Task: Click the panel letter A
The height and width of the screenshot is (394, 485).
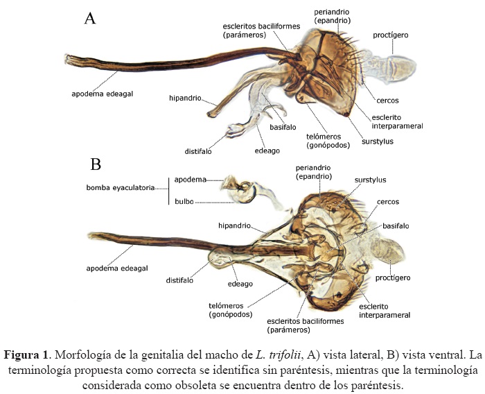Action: [x=89, y=19]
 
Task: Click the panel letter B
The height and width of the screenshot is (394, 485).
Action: [x=96, y=164]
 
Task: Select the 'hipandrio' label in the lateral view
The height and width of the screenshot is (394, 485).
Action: [x=185, y=98]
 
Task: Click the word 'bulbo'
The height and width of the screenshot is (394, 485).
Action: [x=184, y=202]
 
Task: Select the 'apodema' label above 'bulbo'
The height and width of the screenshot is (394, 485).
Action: [x=190, y=179]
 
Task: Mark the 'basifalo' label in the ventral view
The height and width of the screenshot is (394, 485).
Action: [x=395, y=225]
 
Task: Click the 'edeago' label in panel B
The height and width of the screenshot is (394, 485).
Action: [x=241, y=284]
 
